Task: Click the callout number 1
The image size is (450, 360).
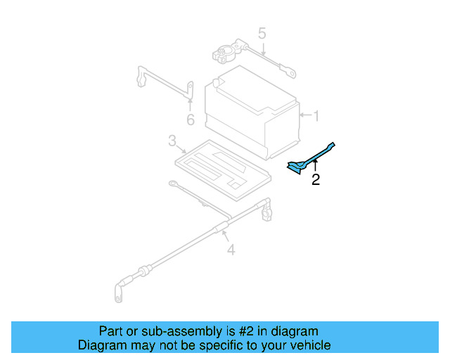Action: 316,115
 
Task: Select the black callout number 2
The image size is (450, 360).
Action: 316,180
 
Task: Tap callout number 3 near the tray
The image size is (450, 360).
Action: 172,142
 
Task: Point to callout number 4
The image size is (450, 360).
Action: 231,249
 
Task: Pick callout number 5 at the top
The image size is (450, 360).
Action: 262,33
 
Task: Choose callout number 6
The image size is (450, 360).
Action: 190,120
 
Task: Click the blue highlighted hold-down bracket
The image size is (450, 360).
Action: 309,159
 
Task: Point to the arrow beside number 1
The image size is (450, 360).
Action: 304,115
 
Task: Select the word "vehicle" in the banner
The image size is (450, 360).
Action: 309,345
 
